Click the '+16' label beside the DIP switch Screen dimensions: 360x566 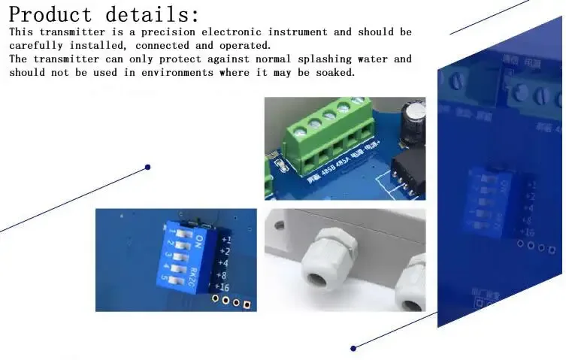[222, 286]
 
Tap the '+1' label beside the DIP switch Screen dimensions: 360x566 [225, 240]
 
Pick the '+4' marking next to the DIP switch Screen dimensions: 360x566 [224, 263]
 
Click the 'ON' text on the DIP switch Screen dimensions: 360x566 [199, 241]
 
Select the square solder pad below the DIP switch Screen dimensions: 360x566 [247, 304]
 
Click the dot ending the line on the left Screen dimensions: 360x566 [148, 167]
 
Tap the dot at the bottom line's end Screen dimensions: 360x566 [353, 348]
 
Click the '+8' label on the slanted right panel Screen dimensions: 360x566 [528, 219]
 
